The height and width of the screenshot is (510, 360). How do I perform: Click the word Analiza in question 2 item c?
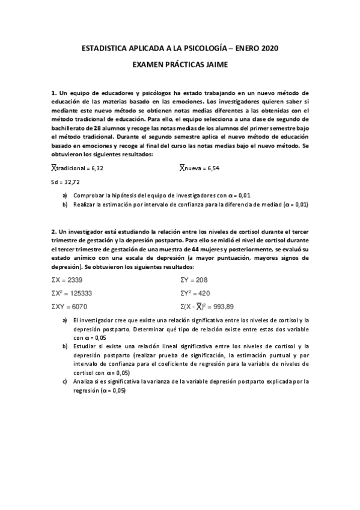pyautogui.click(x=85, y=381)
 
